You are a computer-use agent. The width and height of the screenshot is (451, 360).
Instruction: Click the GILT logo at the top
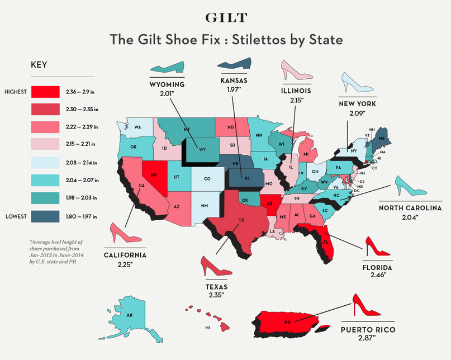(225, 17)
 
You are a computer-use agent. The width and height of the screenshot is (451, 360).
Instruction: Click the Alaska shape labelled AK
(129, 315)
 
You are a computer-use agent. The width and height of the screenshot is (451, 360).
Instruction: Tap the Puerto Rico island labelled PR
(287, 322)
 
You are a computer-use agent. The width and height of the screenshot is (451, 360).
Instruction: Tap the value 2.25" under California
(125, 263)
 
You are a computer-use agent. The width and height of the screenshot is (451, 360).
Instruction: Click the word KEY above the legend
(40, 65)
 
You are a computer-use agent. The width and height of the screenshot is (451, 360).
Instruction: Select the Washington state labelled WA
(137, 127)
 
